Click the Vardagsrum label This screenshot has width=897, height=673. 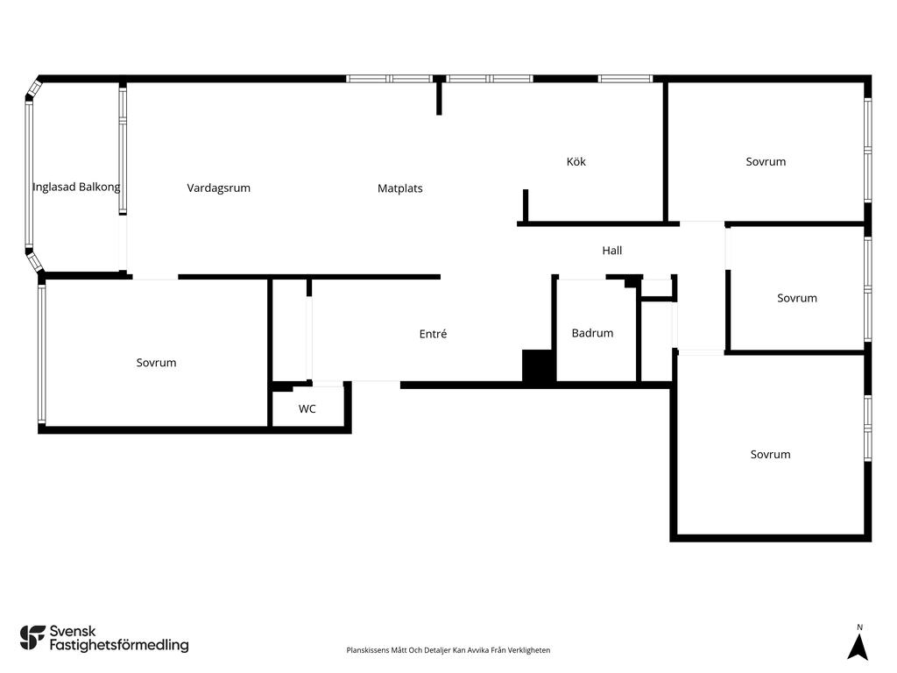click(218, 188)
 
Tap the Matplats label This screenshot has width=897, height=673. click(399, 188)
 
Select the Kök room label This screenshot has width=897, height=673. click(576, 161)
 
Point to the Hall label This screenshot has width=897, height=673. click(611, 250)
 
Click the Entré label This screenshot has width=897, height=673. click(433, 334)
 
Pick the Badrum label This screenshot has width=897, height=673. click(592, 333)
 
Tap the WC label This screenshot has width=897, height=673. click(307, 408)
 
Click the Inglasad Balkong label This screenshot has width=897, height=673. click(76, 188)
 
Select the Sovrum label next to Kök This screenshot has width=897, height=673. click(766, 161)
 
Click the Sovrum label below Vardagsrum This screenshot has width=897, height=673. click(156, 362)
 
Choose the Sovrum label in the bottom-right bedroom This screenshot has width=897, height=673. click(770, 455)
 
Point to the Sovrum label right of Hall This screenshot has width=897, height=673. click(796, 298)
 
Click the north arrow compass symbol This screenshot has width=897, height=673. click(858, 648)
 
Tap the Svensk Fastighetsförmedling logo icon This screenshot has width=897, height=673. click(32, 638)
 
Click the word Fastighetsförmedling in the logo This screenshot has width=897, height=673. click(119, 645)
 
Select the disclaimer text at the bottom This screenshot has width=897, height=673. click(448, 650)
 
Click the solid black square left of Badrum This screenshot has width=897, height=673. click(538, 365)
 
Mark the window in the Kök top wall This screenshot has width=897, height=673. click(625, 79)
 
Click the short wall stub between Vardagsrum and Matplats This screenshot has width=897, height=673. click(439, 97)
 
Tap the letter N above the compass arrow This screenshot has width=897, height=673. click(859, 627)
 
